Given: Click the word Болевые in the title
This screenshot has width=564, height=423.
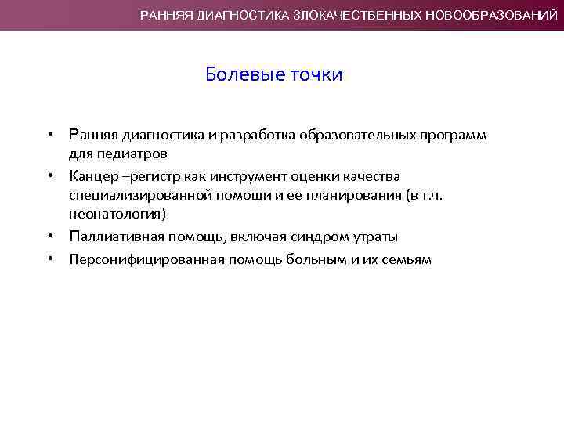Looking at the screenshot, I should pyautogui.click(x=236, y=74).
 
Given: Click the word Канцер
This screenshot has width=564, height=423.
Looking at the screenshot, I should pyautogui.click(x=90, y=176).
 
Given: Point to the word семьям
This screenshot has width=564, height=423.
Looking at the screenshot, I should pyautogui.click(x=405, y=259).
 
